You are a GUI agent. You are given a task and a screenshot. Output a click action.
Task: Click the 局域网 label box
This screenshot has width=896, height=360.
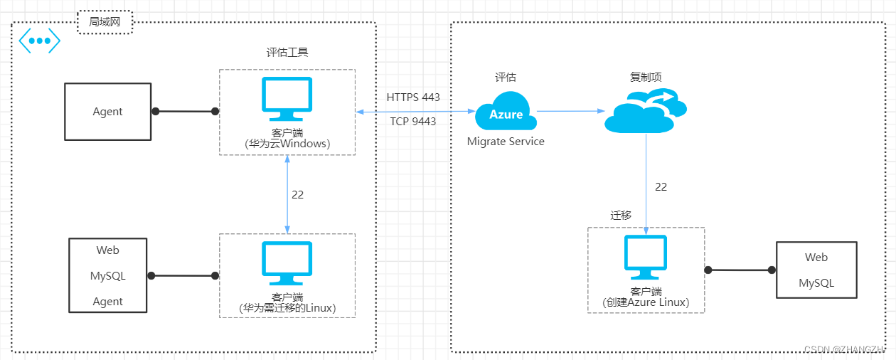[x=105, y=22]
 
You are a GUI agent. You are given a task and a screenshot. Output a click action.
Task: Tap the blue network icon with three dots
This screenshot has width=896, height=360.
[x=40, y=41]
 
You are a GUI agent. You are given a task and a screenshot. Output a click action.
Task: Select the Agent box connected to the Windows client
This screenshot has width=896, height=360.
[x=107, y=112]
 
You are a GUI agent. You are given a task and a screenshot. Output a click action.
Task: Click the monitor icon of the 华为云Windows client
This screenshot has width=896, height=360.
[x=287, y=99]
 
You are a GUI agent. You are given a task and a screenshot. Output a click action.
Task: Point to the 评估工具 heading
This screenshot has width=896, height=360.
[x=287, y=53]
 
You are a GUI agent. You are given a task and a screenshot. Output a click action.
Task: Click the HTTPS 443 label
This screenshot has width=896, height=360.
[x=412, y=97]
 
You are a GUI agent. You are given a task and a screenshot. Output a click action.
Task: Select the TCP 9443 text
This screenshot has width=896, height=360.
[x=412, y=121]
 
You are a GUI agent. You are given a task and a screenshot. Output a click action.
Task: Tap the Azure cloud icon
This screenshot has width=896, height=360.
[x=506, y=111]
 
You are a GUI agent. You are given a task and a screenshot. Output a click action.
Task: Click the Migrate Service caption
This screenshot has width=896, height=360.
[x=506, y=142]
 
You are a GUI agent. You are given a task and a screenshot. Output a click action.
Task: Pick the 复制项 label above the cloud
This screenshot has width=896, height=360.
[x=646, y=77]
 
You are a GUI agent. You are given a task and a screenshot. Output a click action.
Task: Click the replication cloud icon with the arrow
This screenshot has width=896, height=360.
[x=645, y=110]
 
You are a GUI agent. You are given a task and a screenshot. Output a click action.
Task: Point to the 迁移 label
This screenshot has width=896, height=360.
[x=621, y=215]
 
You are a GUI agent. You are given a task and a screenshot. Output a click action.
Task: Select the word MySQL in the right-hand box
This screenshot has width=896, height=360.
[x=816, y=283]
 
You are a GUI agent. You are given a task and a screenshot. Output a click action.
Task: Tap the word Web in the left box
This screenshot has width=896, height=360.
[x=107, y=250]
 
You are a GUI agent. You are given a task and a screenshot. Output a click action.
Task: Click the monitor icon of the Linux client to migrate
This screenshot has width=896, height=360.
[x=287, y=263]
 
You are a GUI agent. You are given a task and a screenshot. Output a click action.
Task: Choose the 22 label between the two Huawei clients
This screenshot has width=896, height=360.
[x=297, y=195]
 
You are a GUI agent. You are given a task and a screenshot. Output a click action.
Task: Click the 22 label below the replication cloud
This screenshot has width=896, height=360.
[x=661, y=187]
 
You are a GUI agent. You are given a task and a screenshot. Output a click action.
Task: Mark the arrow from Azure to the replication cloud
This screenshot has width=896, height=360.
[x=571, y=111]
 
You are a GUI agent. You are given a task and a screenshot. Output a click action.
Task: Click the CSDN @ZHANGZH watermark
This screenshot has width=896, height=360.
[x=843, y=349]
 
